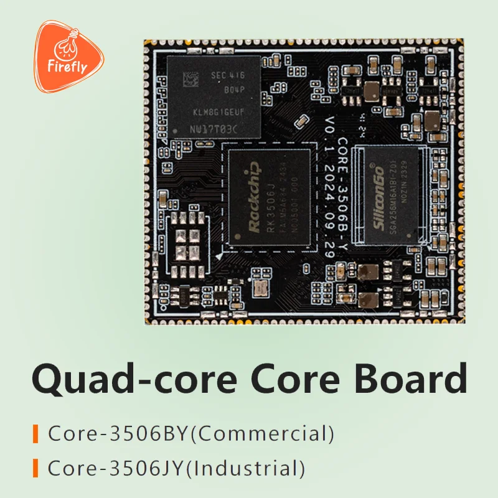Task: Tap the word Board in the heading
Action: pyautogui.click(x=410, y=378)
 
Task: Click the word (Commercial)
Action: pyautogui.click(x=261, y=433)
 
